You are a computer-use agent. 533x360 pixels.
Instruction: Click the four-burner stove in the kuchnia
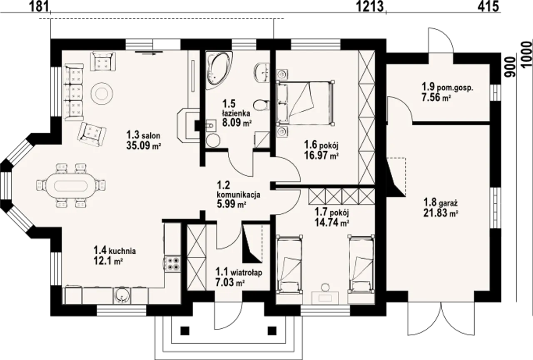click(x=173, y=264)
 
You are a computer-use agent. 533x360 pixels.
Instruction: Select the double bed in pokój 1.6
click(x=306, y=102)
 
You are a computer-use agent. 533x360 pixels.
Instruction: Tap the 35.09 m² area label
click(x=144, y=145)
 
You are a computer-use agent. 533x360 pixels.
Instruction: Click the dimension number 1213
click(x=369, y=6)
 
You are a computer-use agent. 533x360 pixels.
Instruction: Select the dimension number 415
click(x=488, y=6)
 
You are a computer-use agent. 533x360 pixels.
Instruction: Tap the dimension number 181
click(x=39, y=6)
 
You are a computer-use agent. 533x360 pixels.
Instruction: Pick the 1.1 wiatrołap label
click(x=239, y=272)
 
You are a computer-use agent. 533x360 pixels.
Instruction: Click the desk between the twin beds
click(x=325, y=297)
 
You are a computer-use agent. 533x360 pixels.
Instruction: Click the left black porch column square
click(x=185, y=331)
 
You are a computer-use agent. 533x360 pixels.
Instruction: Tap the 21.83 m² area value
click(x=441, y=212)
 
